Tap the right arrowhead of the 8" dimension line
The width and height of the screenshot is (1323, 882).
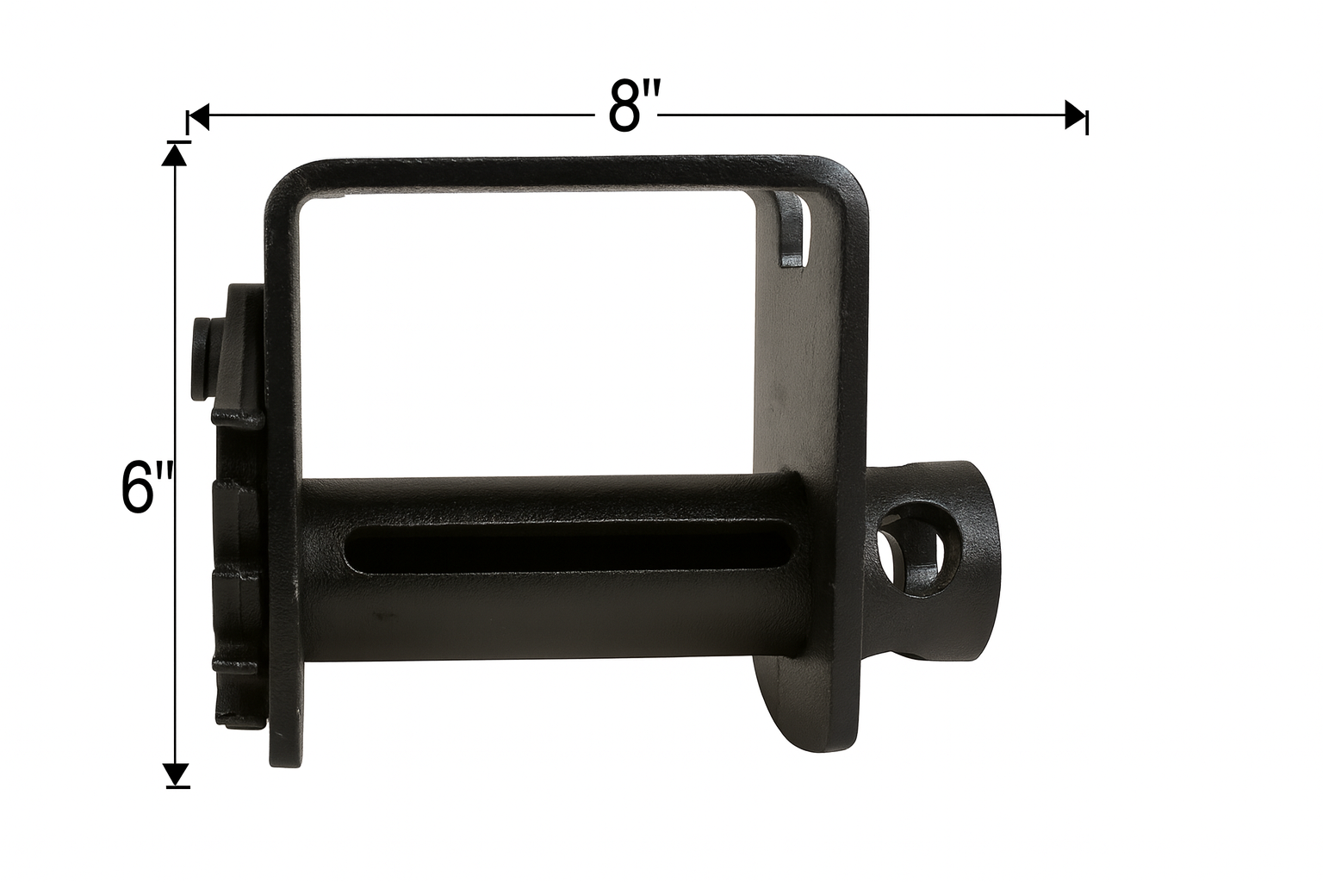(x=1076, y=115)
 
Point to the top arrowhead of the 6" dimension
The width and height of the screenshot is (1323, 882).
(x=174, y=155)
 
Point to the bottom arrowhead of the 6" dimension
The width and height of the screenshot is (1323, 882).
(x=175, y=774)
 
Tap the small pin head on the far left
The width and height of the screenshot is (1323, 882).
(x=202, y=358)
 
